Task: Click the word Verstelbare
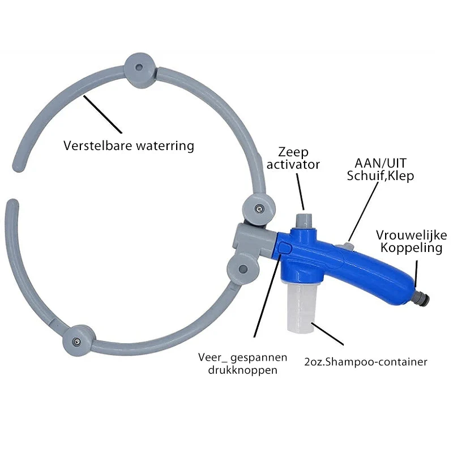point(98,146)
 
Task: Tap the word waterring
point(165,146)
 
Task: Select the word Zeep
point(293,152)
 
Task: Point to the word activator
point(293,164)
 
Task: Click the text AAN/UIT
point(381,163)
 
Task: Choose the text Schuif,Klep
point(380,176)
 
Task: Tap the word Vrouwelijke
point(412,236)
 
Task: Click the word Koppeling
point(412,248)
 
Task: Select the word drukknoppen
point(243,370)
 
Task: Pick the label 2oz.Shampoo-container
point(365,362)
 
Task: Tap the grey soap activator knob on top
point(303,221)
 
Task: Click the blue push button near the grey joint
point(285,249)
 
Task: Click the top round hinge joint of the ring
point(140,70)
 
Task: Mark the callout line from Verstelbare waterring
point(103,114)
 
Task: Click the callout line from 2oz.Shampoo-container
point(327,334)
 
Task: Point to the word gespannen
point(259,358)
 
